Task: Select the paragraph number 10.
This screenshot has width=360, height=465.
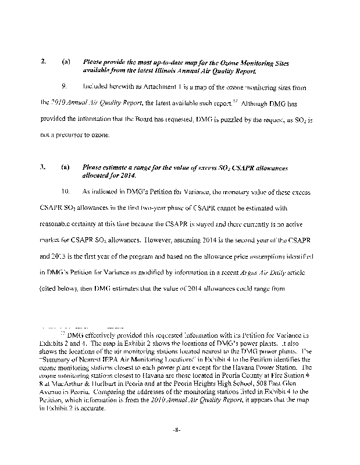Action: coord(65,191)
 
